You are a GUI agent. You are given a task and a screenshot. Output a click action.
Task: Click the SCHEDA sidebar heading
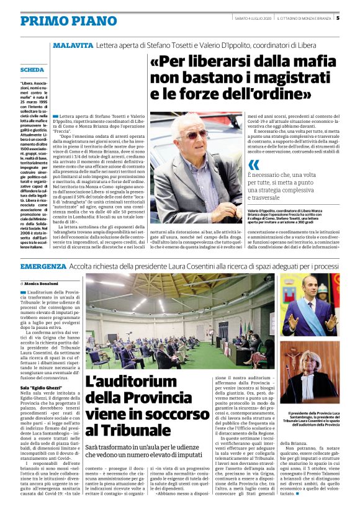32,70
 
